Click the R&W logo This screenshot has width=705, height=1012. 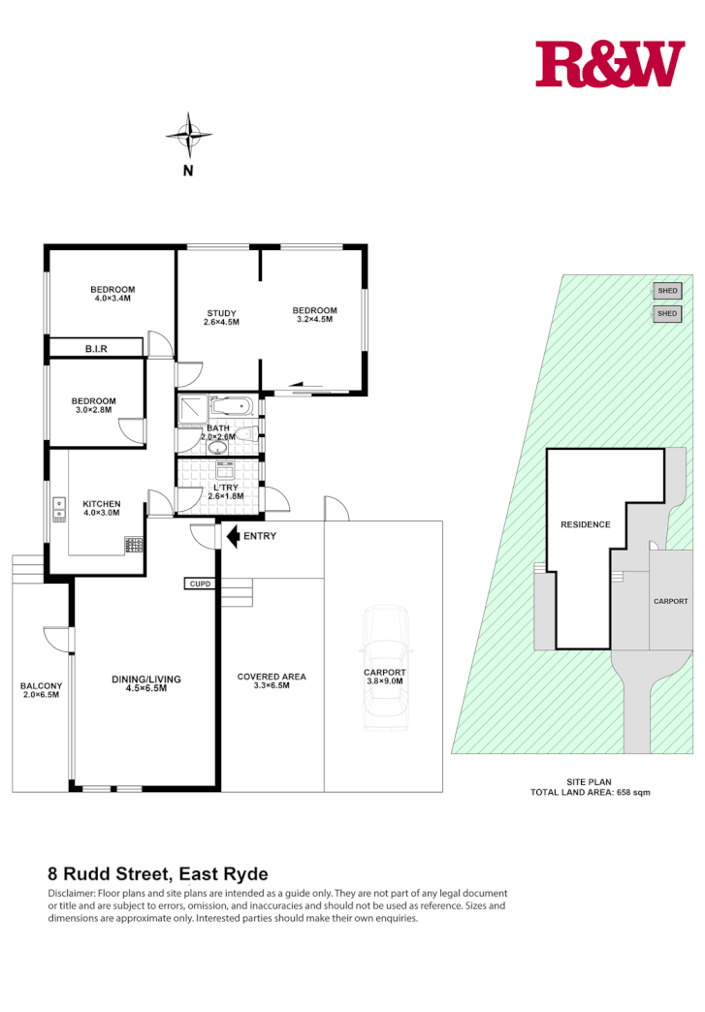(610, 64)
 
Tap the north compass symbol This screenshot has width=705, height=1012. (188, 137)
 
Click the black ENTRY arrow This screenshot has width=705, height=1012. (232, 535)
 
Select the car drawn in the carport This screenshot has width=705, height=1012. (384, 669)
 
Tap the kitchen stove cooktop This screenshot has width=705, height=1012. (134, 545)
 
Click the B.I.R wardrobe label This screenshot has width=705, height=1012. (96, 348)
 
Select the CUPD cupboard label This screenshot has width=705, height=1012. (201, 584)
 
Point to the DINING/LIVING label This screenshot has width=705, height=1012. (146, 679)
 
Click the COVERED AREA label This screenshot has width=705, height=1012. (272, 677)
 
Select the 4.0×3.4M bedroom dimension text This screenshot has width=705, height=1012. (112, 299)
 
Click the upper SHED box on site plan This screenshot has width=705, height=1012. (667, 291)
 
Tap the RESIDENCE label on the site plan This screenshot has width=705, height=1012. (586, 524)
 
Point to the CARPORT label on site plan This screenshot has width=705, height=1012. (670, 601)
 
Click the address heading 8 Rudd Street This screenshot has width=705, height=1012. (157, 872)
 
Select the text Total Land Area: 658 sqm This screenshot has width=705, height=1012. (590, 792)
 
